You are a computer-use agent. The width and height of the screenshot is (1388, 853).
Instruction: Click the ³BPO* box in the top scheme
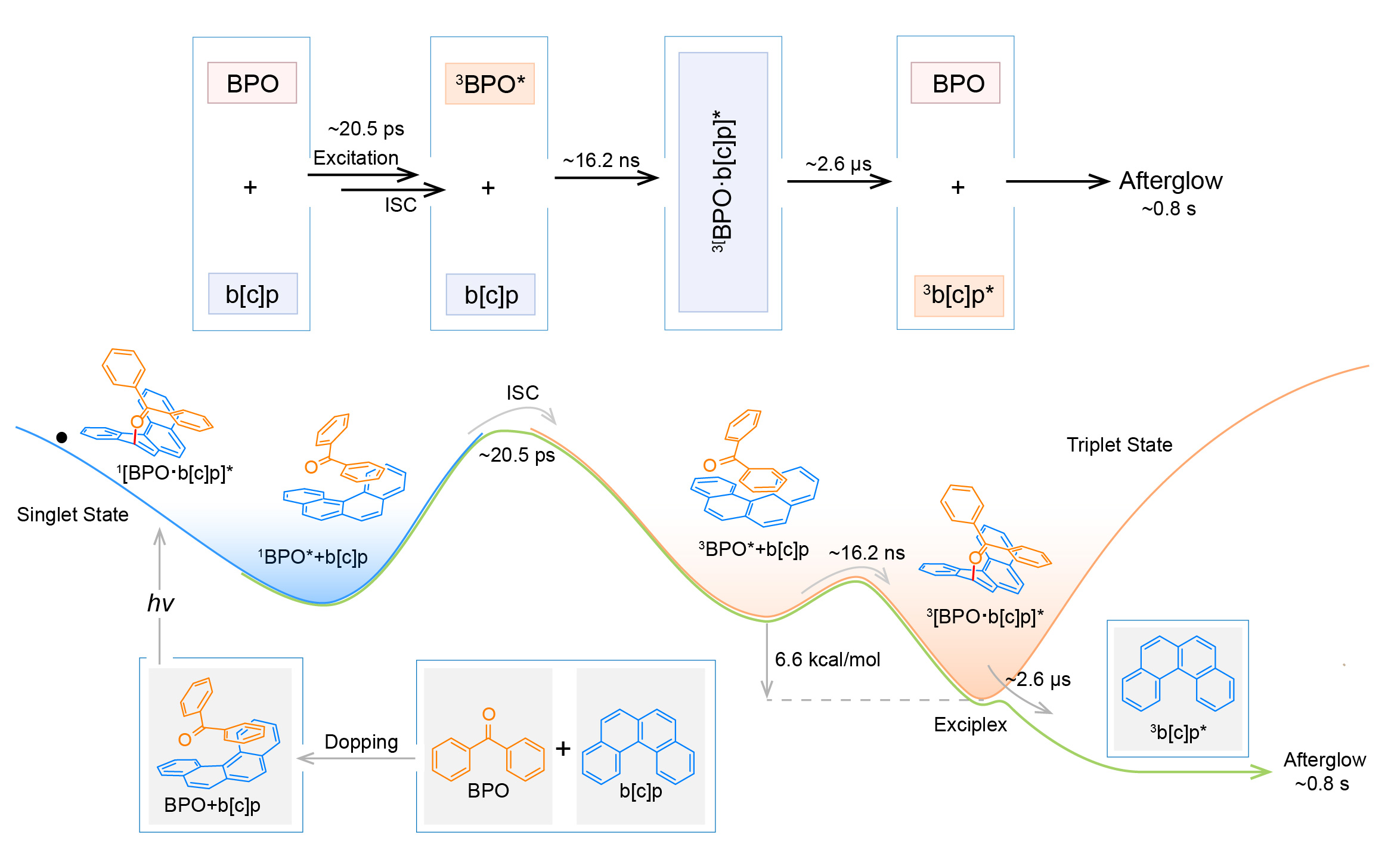click(x=489, y=84)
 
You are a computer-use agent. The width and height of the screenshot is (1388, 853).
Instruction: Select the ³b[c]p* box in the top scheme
click(x=959, y=295)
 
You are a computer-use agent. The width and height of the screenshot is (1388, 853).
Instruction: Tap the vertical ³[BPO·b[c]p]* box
click(x=723, y=182)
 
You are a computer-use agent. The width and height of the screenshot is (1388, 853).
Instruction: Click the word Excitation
click(x=356, y=158)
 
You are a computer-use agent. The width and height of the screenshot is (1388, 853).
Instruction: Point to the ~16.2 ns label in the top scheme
click(x=601, y=160)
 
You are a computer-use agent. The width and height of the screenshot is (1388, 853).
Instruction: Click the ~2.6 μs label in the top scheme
click(x=838, y=164)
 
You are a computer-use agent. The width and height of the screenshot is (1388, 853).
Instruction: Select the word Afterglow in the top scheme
click(x=1171, y=181)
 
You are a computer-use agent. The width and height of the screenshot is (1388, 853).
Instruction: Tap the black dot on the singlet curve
click(x=61, y=437)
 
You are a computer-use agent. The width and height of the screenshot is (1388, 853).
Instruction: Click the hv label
click(x=160, y=603)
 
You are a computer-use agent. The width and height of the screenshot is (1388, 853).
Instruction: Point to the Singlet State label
click(x=73, y=514)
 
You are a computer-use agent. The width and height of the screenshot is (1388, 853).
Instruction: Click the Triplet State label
click(x=1119, y=445)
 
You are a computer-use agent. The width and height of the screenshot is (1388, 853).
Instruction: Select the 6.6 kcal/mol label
click(x=827, y=660)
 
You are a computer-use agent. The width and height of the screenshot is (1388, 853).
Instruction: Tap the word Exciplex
click(x=970, y=725)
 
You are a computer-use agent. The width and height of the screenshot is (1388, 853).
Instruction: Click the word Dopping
click(x=361, y=742)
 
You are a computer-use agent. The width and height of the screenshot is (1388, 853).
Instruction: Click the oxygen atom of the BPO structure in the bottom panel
click(x=489, y=714)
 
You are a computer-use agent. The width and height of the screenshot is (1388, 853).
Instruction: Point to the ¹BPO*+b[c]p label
click(x=312, y=557)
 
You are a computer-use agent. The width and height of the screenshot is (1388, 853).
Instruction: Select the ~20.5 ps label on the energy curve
click(x=517, y=455)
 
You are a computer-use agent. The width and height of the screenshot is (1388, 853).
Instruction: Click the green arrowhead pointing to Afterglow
click(x=1262, y=772)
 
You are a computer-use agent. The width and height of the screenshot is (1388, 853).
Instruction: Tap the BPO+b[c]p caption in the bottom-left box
click(x=212, y=805)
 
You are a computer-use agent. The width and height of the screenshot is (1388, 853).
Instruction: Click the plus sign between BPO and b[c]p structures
click(x=563, y=749)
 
